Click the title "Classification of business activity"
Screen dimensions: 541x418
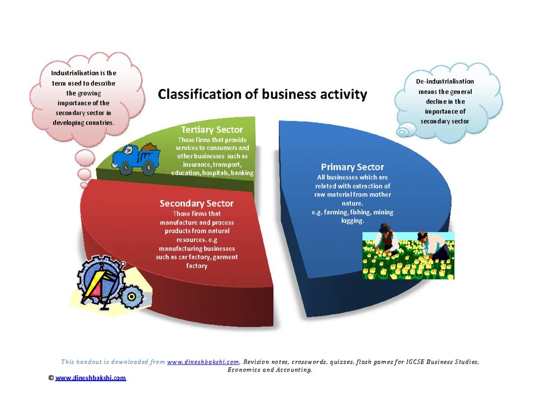coord(261,95)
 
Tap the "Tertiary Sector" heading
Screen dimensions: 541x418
coord(212,130)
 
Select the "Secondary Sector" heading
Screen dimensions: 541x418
coord(197,204)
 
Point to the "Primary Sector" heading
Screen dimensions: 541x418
coord(352,167)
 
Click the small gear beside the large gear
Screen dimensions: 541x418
coord(132,296)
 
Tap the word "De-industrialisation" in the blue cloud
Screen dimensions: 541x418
coord(445,82)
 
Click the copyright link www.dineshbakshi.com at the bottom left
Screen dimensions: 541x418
coord(91,378)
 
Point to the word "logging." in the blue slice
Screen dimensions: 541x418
coord(352,221)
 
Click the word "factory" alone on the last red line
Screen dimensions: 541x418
coord(197,266)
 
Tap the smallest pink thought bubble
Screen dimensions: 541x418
coord(84,185)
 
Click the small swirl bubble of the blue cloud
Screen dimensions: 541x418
coord(402,131)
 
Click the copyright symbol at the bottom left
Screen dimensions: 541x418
coord(51,378)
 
